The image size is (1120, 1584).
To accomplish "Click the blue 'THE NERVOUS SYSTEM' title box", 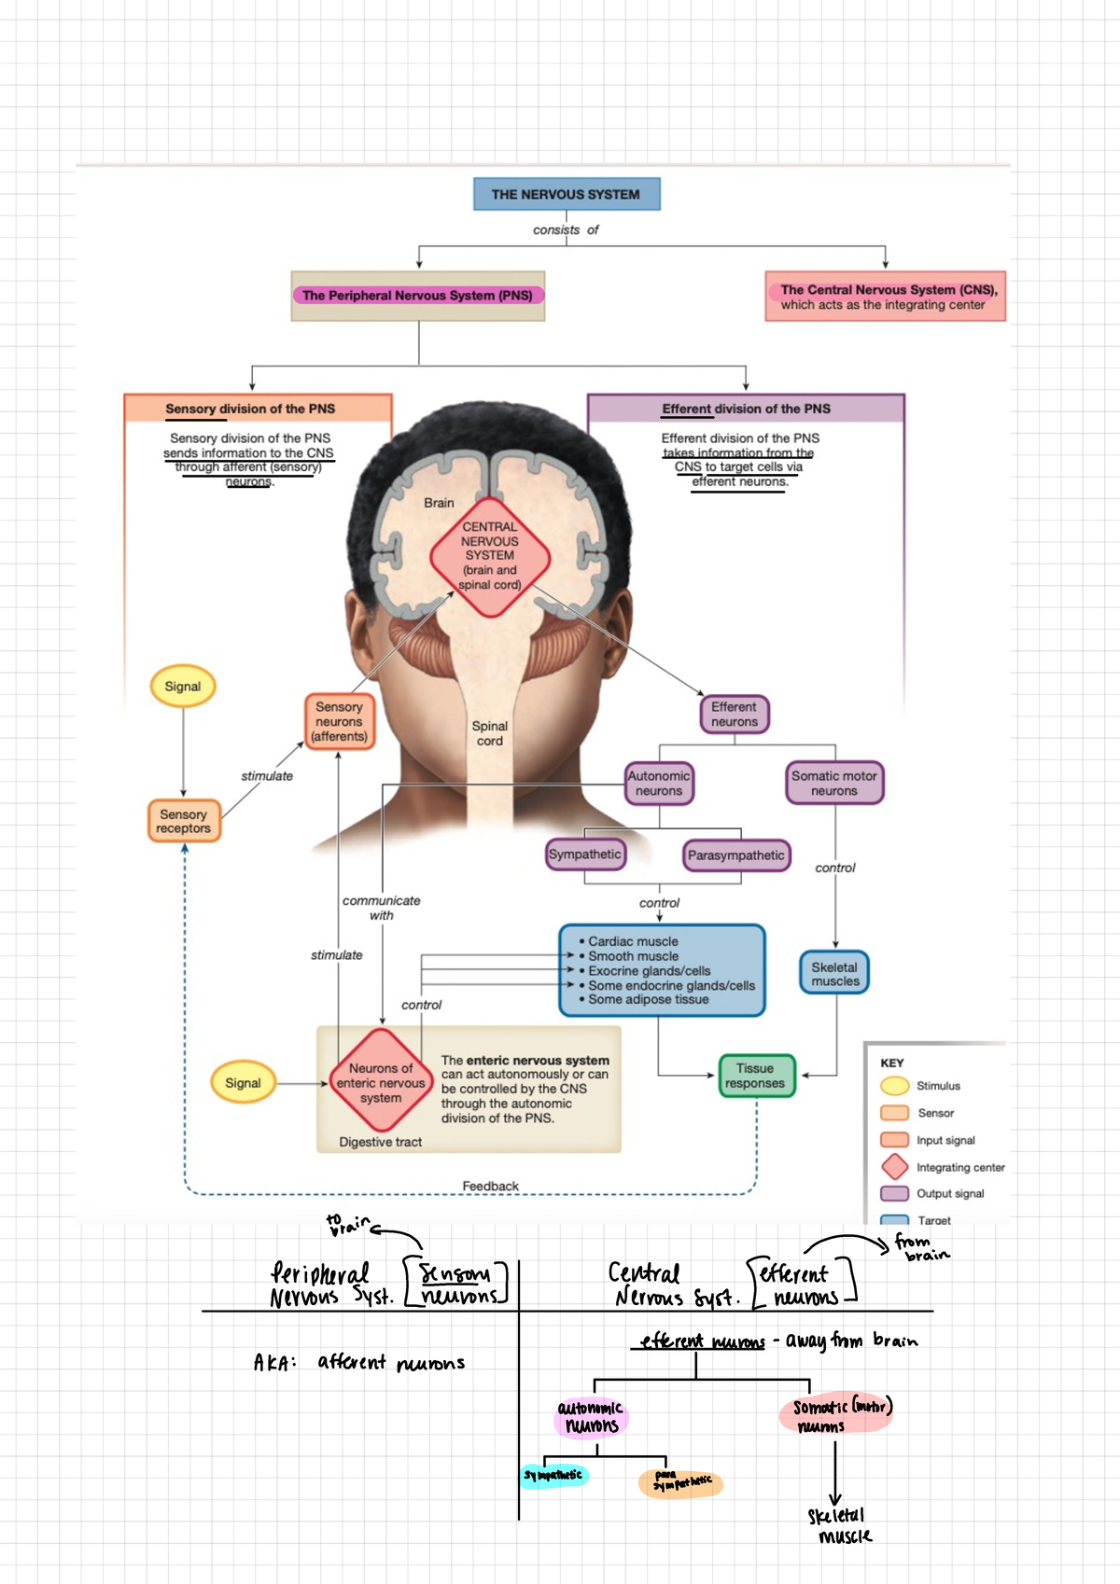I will tap(567, 194).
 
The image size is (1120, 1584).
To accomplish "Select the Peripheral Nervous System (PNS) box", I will tap(417, 296).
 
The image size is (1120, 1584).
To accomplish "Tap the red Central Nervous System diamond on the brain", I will tap(490, 557).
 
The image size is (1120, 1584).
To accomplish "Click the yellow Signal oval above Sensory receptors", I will tap(183, 687).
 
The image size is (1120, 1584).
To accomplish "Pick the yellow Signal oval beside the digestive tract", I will tap(243, 1083).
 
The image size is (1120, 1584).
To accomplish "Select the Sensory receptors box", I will tap(184, 821).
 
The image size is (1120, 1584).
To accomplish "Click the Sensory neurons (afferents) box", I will tap(339, 722).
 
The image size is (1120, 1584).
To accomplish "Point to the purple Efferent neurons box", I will tap(735, 715).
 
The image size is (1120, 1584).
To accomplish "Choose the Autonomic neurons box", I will tap(659, 783).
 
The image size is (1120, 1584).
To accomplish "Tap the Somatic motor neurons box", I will tap(833, 783).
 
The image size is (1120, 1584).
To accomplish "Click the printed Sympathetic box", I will tap(585, 855).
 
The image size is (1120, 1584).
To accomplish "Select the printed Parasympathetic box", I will tap(735, 855).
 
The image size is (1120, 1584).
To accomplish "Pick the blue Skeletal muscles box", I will tap(834, 974).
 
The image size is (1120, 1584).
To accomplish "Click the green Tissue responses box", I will tap(756, 1077).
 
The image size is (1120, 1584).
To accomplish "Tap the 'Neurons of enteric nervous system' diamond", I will tap(381, 1083).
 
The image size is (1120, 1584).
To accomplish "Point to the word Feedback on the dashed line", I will tap(490, 1186).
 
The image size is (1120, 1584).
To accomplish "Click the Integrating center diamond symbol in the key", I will tap(895, 1166).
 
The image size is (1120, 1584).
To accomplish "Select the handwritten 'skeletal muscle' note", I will tap(838, 1525).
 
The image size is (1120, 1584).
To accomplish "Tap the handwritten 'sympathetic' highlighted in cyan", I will tap(553, 1475).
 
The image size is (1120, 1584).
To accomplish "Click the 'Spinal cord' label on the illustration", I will tap(490, 733).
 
